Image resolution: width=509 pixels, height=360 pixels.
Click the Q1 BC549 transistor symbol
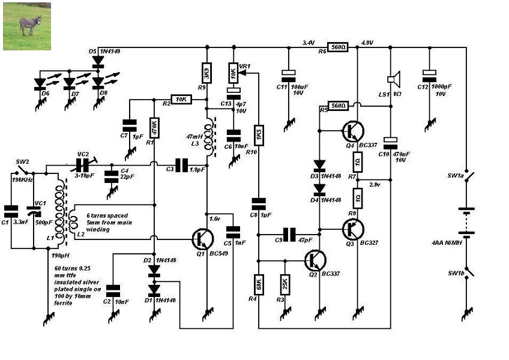pyautogui.click(x=202, y=239)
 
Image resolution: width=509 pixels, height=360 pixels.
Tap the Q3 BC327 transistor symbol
pyautogui.click(x=353, y=229)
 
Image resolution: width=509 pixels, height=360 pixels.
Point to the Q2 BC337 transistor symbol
pyautogui.click(x=315, y=261)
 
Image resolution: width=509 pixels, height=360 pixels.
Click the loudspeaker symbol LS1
pyautogui.click(x=393, y=79)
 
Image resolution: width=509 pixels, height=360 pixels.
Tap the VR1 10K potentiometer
pyautogui.click(x=233, y=74)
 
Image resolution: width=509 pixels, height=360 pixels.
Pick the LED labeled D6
pyautogui.click(x=41, y=84)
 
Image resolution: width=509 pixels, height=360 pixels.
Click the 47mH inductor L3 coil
pyautogui.click(x=209, y=139)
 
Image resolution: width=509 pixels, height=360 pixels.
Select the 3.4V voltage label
pyautogui.click(x=308, y=42)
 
